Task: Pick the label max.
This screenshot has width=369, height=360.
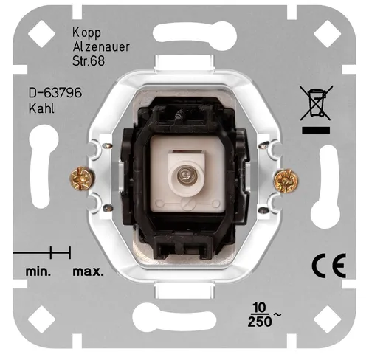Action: point(87,271)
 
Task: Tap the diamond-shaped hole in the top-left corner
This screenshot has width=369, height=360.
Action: point(38,30)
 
